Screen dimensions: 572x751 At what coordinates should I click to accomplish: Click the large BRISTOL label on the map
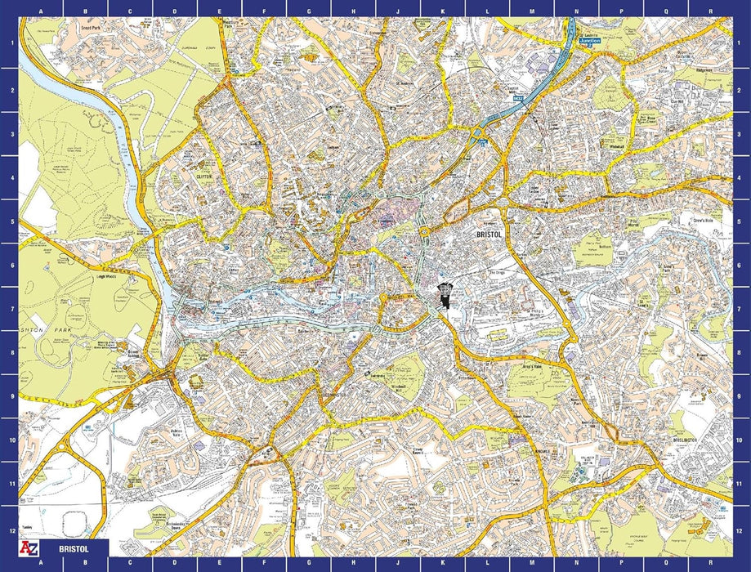493,235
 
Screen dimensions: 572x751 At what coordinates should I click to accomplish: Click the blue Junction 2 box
588,39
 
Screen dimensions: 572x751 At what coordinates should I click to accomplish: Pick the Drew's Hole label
704,221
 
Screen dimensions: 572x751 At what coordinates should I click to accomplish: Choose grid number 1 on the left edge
9,45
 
